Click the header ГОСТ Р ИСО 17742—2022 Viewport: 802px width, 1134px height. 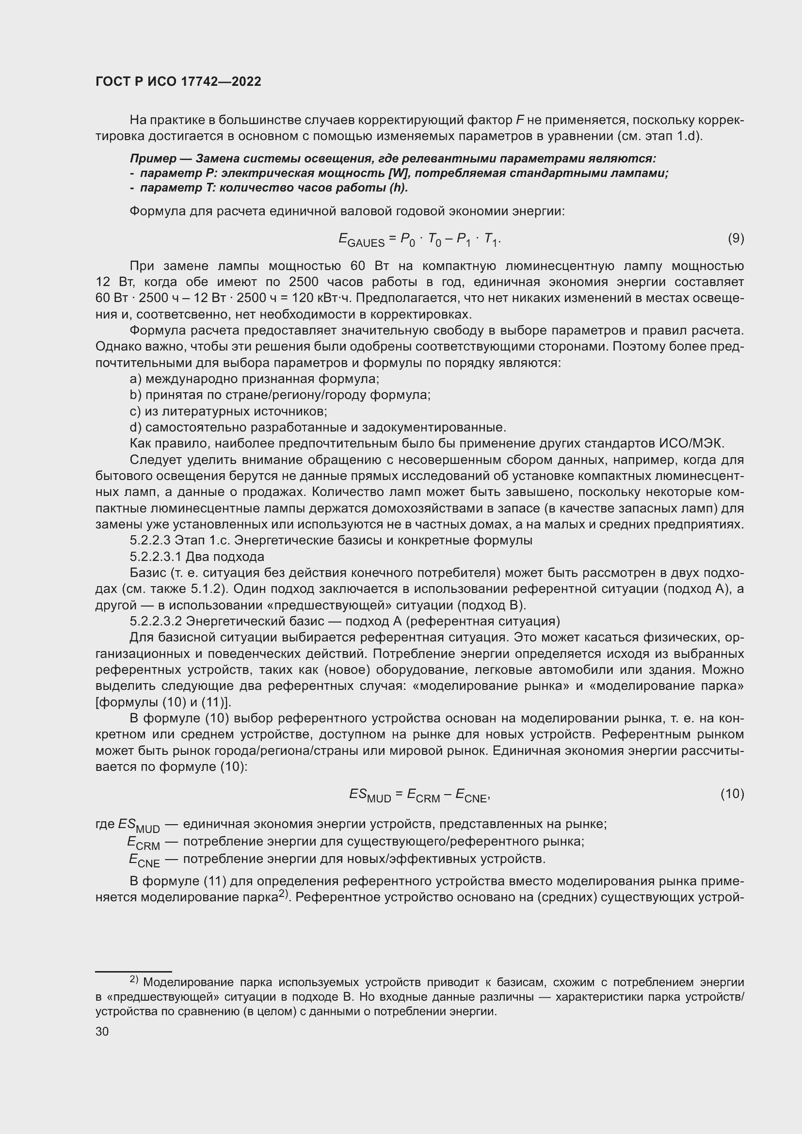tap(178, 82)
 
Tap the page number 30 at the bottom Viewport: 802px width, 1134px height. tap(102, 1032)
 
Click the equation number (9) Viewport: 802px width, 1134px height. tap(736, 239)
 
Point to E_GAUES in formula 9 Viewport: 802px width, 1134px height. tap(362, 240)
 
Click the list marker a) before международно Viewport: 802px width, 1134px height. tap(135, 379)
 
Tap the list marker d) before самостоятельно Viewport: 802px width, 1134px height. tap(135, 427)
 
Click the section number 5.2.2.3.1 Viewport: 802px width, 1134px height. tap(156, 557)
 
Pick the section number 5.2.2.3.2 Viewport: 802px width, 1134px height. tap(156, 621)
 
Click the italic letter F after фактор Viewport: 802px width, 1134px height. tap(519, 120)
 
